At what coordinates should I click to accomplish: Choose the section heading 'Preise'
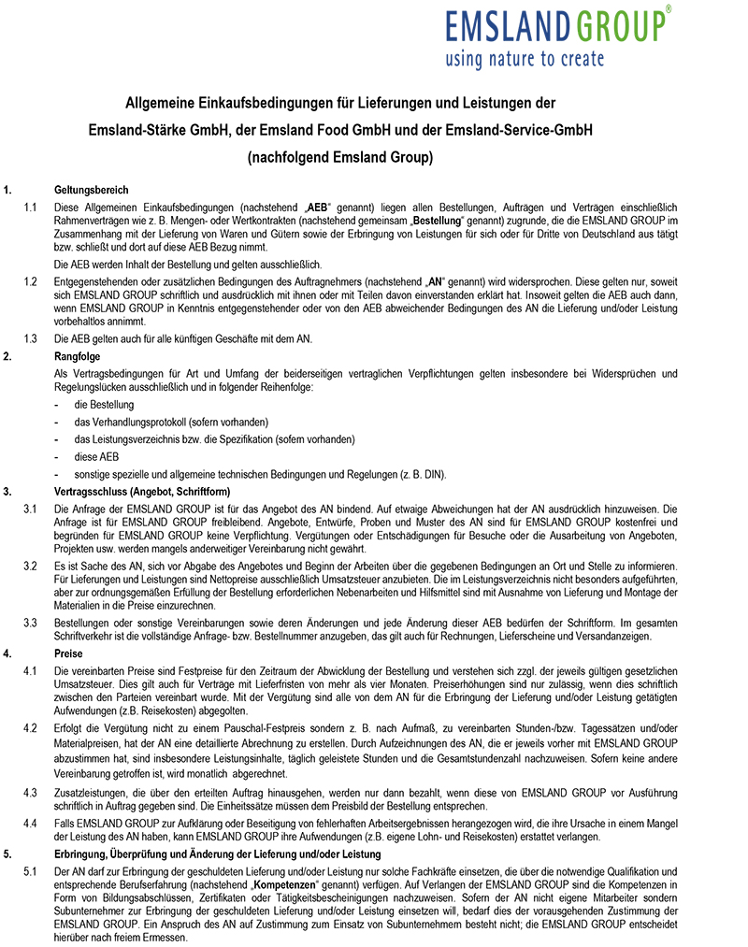69,654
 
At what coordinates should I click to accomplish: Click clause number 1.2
31,281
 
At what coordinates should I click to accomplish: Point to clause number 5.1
31,871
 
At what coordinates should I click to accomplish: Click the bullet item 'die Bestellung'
104,405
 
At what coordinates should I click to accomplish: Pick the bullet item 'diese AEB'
96,457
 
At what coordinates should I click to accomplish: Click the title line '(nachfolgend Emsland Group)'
340,158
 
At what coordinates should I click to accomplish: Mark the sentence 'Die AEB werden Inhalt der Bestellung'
187,265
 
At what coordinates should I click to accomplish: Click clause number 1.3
31,337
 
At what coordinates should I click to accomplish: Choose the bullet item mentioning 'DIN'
252,474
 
